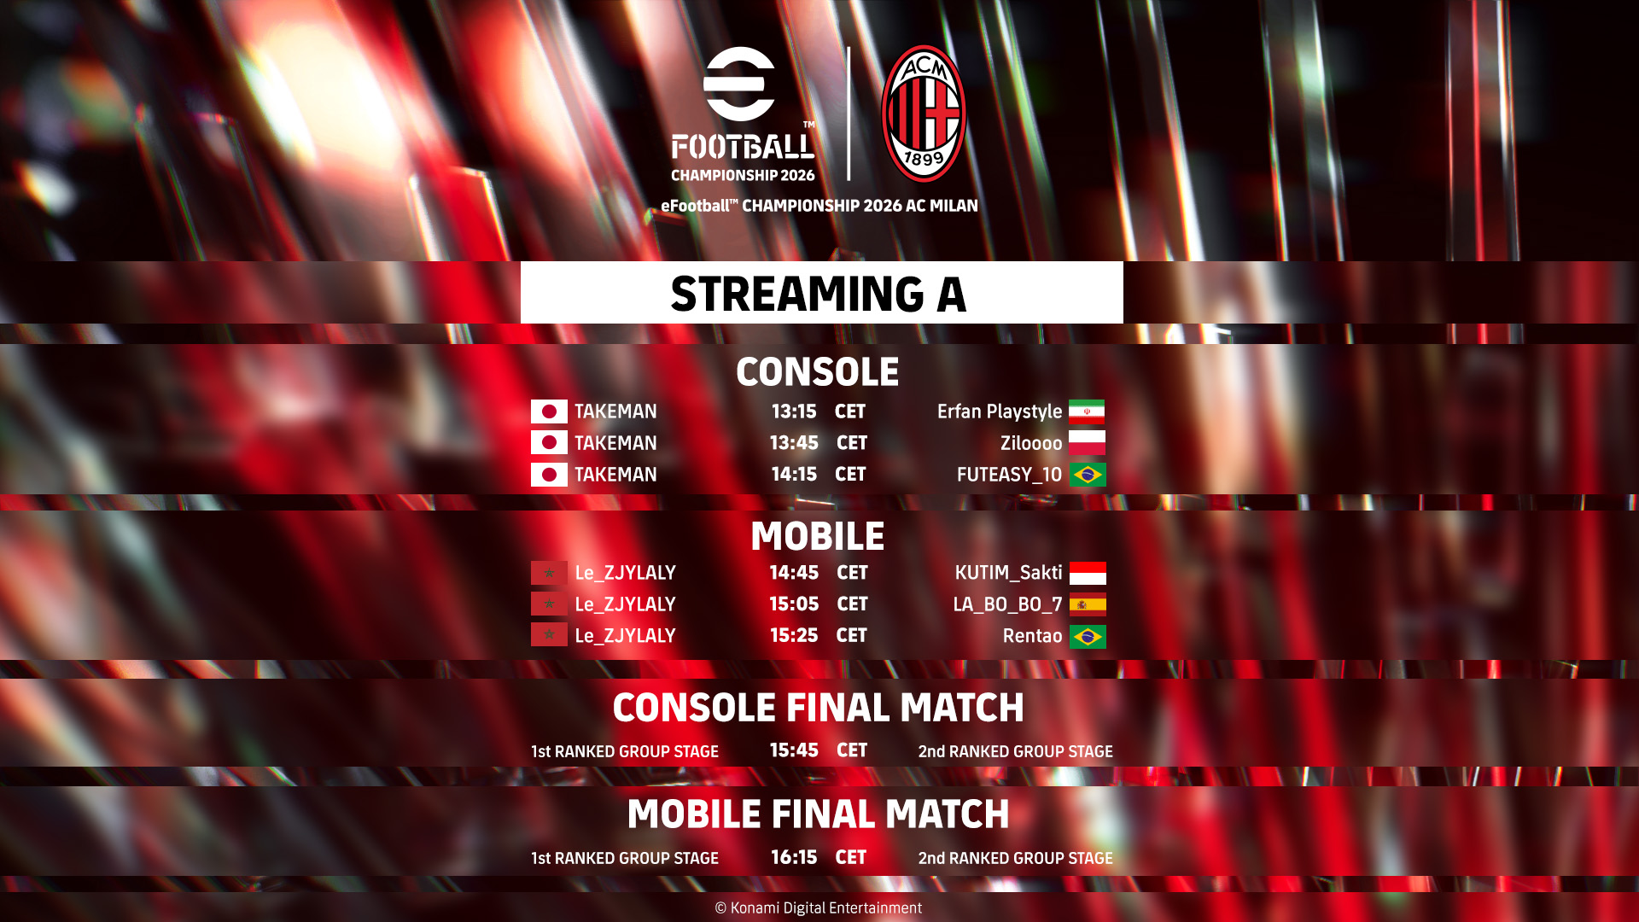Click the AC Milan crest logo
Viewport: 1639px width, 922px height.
pos(924,113)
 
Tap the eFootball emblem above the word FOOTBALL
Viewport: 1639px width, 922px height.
pos(739,84)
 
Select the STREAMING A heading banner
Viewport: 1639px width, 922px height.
pos(821,292)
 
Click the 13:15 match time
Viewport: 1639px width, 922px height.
pos(794,411)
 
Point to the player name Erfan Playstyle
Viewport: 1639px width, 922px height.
pos(1000,412)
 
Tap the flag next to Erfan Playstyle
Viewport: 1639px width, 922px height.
pos(1087,411)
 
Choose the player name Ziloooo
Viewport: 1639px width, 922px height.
pos(1031,444)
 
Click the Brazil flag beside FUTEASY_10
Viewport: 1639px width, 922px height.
pos(1088,475)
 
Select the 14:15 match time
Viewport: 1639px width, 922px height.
pos(794,475)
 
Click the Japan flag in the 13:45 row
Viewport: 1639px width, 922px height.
pos(549,442)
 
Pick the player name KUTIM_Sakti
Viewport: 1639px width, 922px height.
pos(1008,573)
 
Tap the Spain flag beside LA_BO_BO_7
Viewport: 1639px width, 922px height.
pos(1088,604)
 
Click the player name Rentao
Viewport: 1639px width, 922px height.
pos(1032,636)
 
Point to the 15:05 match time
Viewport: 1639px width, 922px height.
pos(794,604)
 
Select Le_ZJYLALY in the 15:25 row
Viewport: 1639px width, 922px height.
pos(625,636)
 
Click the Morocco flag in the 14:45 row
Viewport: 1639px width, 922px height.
pos(549,573)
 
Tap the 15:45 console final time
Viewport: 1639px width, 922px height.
pos(794,750)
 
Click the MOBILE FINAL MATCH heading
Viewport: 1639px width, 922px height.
pos(818,814)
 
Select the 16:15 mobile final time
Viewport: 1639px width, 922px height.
pos(794,857)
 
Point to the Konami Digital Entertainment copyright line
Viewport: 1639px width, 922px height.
pos(818,908)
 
